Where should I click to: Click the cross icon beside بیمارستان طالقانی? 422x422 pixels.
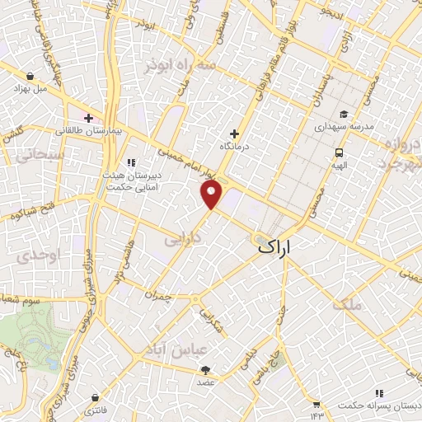[x=88, y=118]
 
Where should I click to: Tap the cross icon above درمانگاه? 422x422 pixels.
[x=235, y=133]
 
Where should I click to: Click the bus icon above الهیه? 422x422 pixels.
[x=339, y=152]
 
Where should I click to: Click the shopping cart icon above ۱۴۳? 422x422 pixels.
[x=316, y=404]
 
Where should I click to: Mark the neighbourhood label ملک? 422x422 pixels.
[x=347, y=304]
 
